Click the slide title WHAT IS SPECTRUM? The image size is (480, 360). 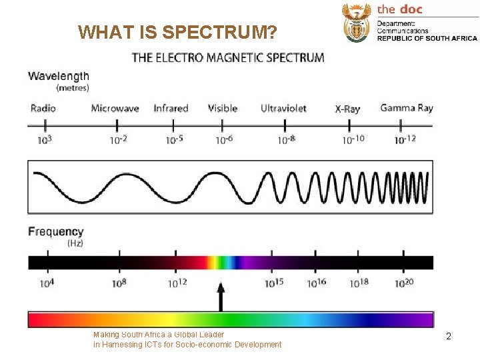(x=177, y=32)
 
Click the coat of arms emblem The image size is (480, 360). (x=356, y=22)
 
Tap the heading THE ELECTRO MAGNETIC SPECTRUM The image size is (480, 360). (x=228, y=57)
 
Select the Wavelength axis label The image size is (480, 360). (x=59, y=76)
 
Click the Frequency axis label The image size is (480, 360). (x=56, y=231)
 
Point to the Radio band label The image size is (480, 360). (x=43, y=108)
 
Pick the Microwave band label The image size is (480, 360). (x=115, y=108)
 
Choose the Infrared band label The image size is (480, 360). (x=171, y=108)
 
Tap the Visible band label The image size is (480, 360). (x=222, y=108)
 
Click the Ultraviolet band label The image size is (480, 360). (x=283, y=108)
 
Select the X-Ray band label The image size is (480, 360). (x=347, y=109)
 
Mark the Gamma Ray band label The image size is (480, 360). (x=406, y=108)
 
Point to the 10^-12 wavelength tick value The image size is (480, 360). (x=405, y=139)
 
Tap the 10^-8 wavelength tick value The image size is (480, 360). (x=286, y=139)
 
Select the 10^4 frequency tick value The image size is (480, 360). (x=47, y=283)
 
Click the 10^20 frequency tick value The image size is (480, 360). (x=404, y=283)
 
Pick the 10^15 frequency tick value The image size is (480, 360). (x=274, y=283)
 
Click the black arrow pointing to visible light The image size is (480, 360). (x=220, y=297)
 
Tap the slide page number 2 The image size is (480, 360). (x=449, y=337)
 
